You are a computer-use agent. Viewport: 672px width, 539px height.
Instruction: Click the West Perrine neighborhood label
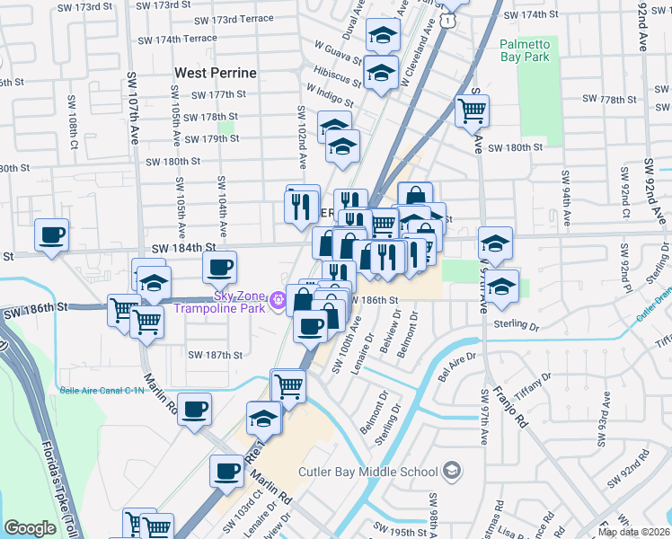click(x=216, y=73)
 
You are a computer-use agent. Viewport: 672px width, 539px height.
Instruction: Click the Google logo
click(x=30, y=528)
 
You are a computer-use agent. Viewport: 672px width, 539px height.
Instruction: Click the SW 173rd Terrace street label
click(x=234, y=20)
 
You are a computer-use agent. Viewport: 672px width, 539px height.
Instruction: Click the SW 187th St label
click(x=216, y=356)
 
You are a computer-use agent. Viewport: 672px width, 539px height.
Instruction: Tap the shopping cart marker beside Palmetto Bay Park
click(x=472, y=111)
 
